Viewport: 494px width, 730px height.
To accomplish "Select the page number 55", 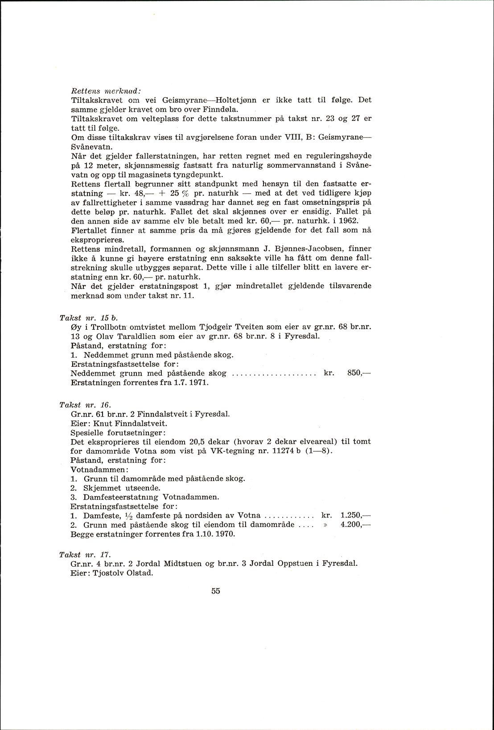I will tap(216, 591).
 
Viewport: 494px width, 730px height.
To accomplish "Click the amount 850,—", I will tap(359, 373).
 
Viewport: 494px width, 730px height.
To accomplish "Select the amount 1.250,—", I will tap(355, 515).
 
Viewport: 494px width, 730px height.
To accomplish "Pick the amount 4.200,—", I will tap(355, 524).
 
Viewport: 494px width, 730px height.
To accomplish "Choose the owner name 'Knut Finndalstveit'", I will tap(130, 423).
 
